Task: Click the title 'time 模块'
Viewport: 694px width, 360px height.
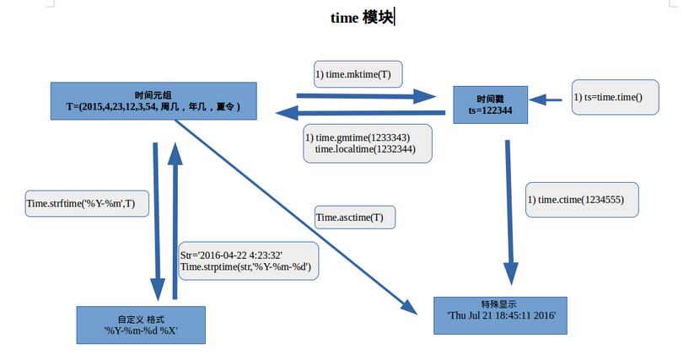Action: pyautogui.click(x=362, y=18)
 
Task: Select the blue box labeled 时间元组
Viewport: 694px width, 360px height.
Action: pyautogui.click(x=153, y=100)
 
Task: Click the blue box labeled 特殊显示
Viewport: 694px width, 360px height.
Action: pyautogui.click(x=500, y=314)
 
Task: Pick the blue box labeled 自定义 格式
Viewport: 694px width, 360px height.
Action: pyautogui.click(x=141, y=325)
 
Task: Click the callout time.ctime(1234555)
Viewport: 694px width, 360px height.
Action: pyautogui.click(x=581, y=199)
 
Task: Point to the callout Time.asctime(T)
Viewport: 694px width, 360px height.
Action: pyautogui.click(x=354, y=218)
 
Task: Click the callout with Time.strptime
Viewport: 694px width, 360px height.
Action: pyautogui.click(x=247, y=261)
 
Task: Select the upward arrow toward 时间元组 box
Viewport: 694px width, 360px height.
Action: pyautogui.click(x=175, y=219)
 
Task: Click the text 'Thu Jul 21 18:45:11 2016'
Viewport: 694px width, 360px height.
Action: pyautogui.click(x=500, y=320)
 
